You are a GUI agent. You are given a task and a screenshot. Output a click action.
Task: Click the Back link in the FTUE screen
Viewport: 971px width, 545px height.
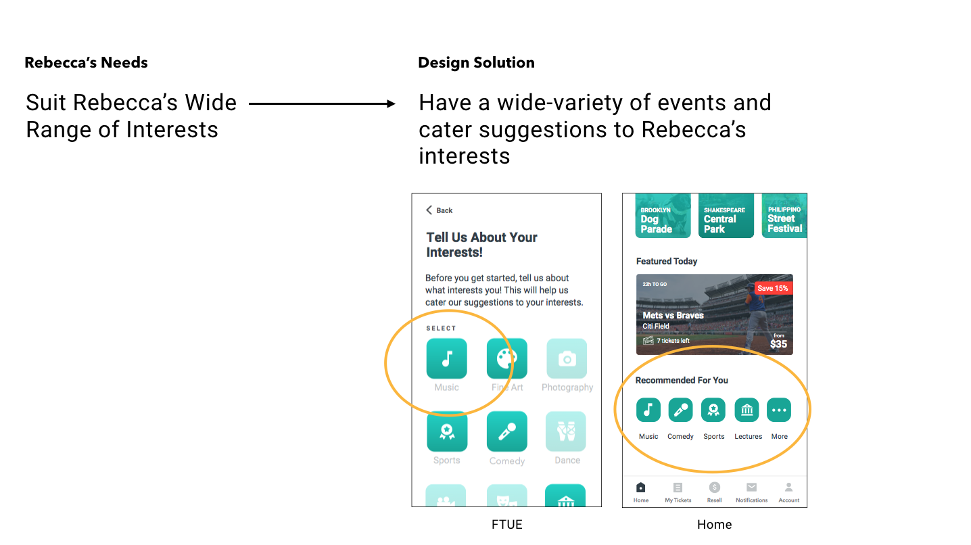(x=440, y=210)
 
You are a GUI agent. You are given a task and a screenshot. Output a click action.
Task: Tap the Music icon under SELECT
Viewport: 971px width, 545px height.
(x=446, y=359)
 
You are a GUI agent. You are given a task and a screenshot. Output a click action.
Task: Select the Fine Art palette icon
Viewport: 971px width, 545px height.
(x=506, y=359)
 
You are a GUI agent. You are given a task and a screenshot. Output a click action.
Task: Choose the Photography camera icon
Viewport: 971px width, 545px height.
(x=567, y=359)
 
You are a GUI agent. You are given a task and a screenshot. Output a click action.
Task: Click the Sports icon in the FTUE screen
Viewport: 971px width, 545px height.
(x=446, y=431)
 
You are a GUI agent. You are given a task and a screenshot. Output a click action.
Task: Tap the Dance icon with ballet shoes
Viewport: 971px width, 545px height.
(x=566, y=431)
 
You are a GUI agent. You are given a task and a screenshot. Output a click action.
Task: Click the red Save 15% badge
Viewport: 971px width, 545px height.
(x=773, y=288)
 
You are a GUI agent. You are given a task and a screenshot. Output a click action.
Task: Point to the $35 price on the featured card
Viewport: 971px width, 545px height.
(x=778, y=343)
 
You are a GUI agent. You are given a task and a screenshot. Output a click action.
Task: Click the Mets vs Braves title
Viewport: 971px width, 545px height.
(x=673, y=315)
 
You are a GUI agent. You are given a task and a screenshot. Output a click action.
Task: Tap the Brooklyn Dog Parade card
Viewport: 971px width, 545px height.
(x=663, y=216)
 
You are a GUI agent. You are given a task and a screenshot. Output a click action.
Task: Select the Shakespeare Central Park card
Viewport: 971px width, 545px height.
(x=726, y=216)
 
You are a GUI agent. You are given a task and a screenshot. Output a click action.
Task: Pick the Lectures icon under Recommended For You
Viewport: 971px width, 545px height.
(x=747, y=410)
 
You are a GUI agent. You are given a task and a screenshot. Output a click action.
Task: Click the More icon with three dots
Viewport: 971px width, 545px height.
(x=779, y=410)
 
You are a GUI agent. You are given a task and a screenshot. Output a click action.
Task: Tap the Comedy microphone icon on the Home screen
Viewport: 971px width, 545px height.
(x=680, y=410)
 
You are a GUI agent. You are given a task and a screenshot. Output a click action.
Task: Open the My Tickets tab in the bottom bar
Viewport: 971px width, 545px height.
(x=678, y=492)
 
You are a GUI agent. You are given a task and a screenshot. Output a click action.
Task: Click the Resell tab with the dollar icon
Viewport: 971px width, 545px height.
(x=714, y=492)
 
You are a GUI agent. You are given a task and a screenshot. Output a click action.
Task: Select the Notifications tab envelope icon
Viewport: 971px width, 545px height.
(x=751, y=492)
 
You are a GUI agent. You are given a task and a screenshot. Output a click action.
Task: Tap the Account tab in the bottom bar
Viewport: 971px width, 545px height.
(x=788, y=492)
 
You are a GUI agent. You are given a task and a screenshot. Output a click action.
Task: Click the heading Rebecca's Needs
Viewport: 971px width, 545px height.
(x=86, y=63)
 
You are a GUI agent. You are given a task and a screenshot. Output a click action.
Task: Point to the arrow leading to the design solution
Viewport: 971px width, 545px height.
(x=321, y=103)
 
